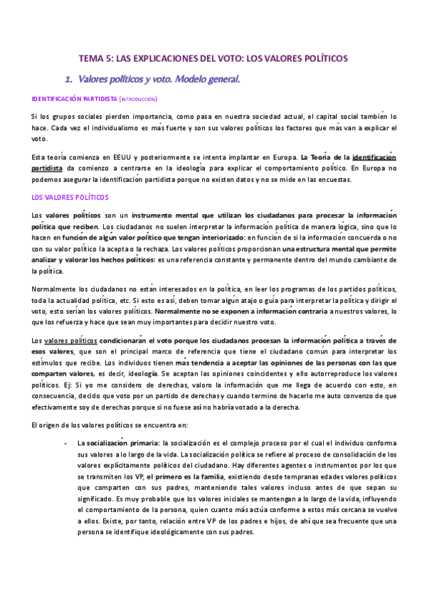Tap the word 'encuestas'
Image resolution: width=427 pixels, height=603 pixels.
click(332, 180)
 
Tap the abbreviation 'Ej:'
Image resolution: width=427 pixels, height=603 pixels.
click(58, 385)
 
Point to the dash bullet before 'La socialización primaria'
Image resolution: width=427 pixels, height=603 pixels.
click(66, 443)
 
